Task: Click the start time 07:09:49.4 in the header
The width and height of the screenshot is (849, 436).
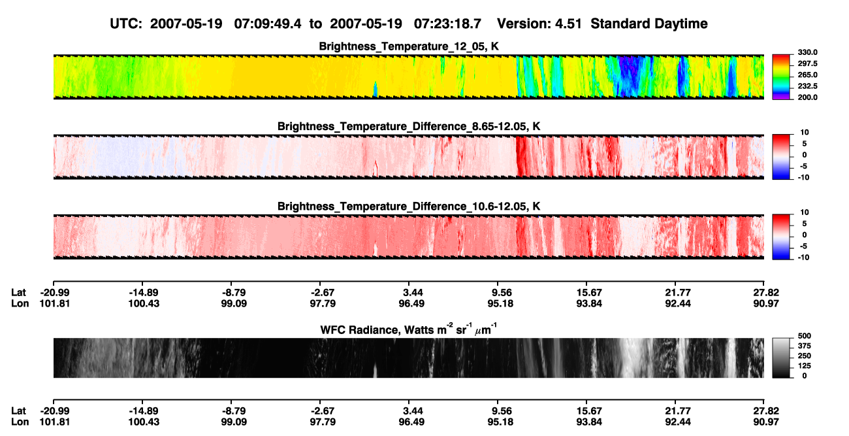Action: pos(268,24)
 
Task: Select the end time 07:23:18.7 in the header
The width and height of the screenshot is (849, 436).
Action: pos(447,24)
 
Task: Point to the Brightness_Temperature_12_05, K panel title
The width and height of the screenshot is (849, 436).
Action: pos(409,46)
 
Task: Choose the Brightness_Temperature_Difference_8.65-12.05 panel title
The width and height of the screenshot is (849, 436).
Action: pos(409,126)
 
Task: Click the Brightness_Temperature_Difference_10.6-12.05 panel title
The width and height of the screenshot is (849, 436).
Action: pos(409,207)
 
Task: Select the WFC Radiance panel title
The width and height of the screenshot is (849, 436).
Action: pos(409,329)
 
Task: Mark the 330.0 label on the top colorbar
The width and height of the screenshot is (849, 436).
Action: pos(807,52)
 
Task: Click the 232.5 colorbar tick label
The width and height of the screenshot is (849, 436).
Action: pos(807,86)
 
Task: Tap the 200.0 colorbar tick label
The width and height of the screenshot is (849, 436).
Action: pos(807,97)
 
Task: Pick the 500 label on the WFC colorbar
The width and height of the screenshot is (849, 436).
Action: pos(805,336)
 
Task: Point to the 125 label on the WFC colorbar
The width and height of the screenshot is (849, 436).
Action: pos(805,366)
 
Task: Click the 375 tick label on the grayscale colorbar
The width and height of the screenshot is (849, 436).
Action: pos(805,346)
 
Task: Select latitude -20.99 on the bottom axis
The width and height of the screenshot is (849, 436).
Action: pos(55,411)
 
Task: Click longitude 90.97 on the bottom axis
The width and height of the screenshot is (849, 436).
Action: pos(766,422)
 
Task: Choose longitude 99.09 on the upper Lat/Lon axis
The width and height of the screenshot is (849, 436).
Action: pos(234,303)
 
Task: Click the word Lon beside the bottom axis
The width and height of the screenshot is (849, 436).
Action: pos(20,422)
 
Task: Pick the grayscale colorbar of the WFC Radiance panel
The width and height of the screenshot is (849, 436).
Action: pos(781,358)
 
